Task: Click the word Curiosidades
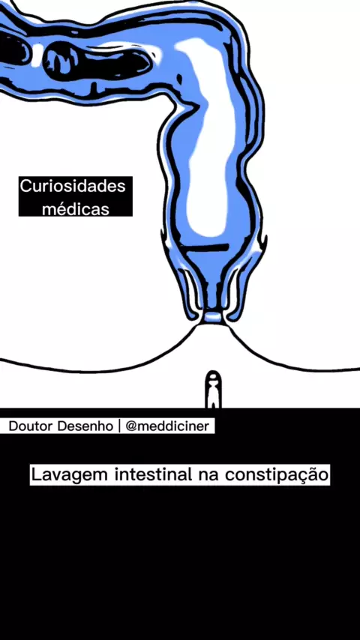(73, 187)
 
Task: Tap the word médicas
(76, 209)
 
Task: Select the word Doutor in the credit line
(31, 426)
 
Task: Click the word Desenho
(85, 426)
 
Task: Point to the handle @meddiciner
(167, 426)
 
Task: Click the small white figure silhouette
(212, 390)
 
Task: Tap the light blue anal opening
(212, 317)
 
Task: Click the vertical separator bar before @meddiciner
(119, 426)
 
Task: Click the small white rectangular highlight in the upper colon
(37, 53)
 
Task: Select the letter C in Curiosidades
(25, 187)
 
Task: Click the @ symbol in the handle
(131, 426)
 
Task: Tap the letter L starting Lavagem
(36, 474)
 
